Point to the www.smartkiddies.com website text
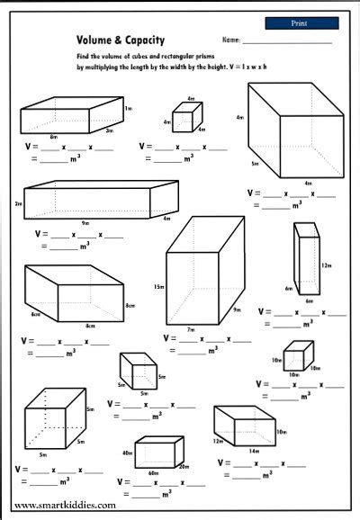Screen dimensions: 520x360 (x=65, y=506)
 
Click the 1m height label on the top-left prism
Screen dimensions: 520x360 (x=129, y=108)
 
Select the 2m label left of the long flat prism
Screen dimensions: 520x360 (x=18, y=204)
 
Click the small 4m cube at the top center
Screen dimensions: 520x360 (x=187, y=118)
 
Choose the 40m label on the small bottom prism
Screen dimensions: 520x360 (x=127, y=453)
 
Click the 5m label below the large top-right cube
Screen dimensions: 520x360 (x=256, y=165)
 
